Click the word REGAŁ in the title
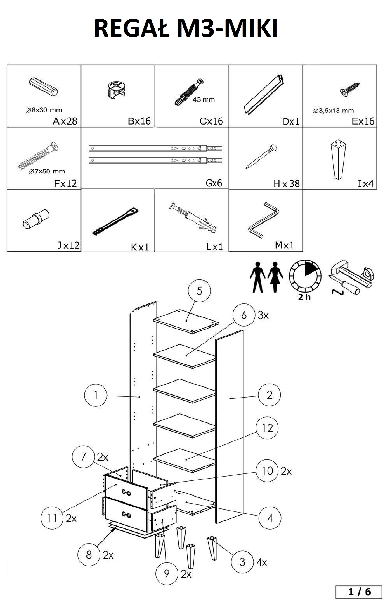pos(131,28)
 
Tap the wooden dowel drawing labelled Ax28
pos(44,86)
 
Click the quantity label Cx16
pos(211,121)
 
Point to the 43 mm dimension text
pos(204,99)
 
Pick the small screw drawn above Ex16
pos(350,89)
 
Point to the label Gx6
pos(214,183)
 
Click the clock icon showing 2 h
pos(305,276)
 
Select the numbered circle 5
pos(199,291)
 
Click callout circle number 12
pos(267,428)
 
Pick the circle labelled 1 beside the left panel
pos(96,395)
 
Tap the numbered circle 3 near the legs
pos(242,562)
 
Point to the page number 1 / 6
pos(359,592)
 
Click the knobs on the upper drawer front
pos(126,492)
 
